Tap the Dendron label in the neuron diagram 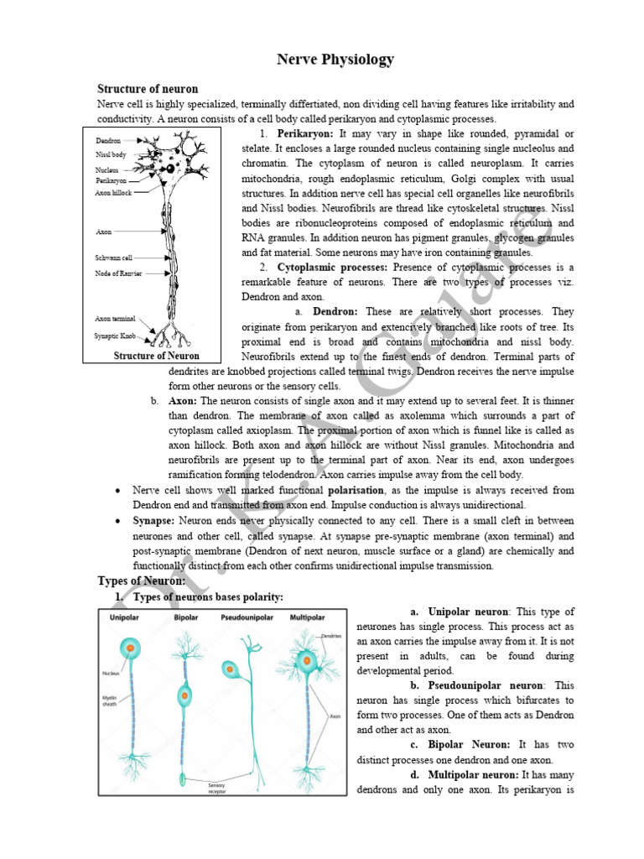108,142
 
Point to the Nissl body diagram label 110,155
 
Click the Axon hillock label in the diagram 114,192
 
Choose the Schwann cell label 114,258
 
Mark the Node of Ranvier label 118,273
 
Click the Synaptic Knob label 116,336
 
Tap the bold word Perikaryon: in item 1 305,133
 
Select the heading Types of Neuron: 142,580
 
